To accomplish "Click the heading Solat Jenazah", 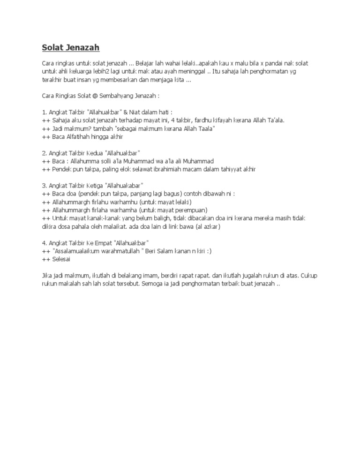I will tap(71, 48).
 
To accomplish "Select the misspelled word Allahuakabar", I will tap(125, 186).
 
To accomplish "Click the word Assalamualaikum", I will tap(76, 251).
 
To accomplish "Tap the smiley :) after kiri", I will tap(208, 251).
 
